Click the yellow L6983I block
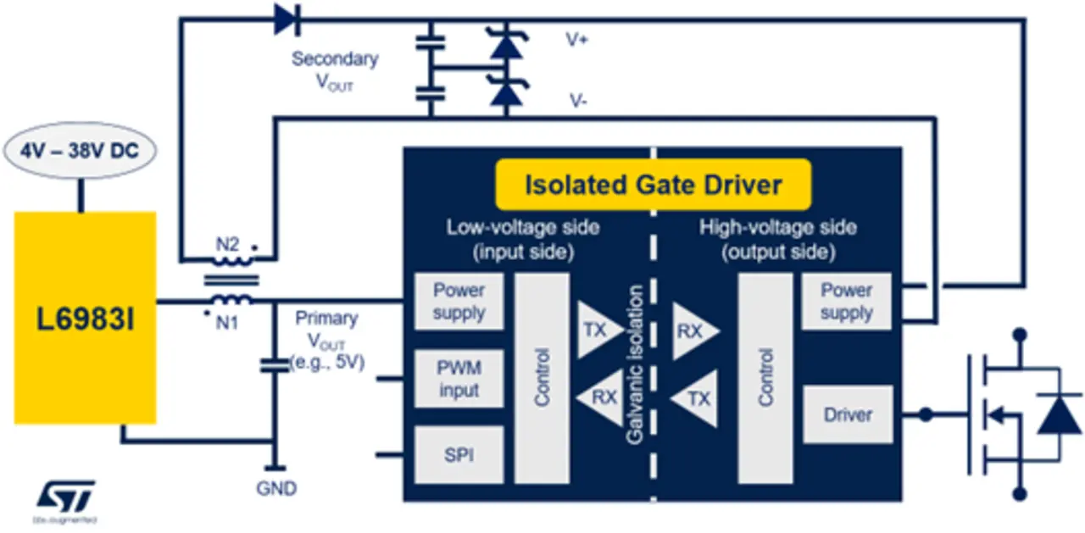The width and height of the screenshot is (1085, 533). (85, 318)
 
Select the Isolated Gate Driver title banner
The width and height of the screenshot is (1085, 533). (653, 184)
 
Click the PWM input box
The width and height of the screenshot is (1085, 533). (459, 380)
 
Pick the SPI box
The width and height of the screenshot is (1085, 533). (459, 455)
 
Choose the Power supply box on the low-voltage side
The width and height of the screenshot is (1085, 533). (459, 302)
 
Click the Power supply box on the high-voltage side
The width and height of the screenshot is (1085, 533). (846, 302)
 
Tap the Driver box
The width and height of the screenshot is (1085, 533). (847, 414)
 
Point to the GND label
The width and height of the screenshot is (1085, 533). (276, 489)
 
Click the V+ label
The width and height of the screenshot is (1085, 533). (577, 39)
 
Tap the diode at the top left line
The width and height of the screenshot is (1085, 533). (287, 19)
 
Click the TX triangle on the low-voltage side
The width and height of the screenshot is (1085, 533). (598, 330)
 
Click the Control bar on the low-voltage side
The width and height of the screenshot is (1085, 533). (542, 378)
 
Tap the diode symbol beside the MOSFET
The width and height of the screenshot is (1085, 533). (1059, 414)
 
